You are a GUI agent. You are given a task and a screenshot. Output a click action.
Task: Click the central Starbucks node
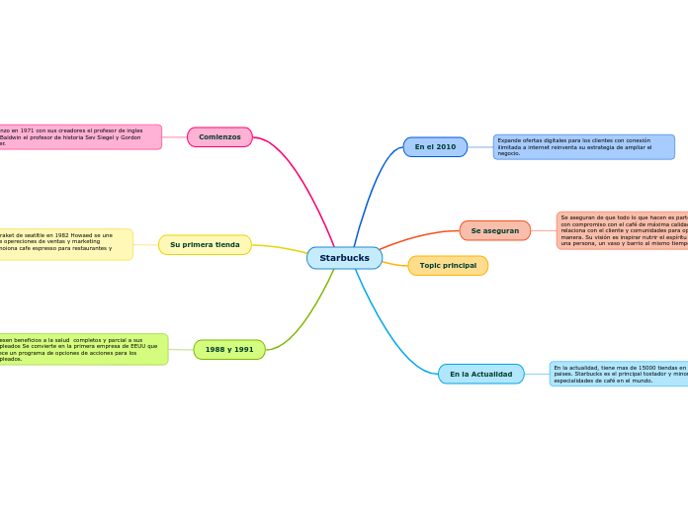[344, 258]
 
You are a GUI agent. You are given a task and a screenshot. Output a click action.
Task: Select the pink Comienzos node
[219, 136]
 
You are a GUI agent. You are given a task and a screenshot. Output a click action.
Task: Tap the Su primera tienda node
[205, 244]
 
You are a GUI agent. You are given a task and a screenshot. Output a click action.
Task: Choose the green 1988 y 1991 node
[229, 349]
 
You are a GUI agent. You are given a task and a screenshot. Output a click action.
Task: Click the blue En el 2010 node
[435, 147]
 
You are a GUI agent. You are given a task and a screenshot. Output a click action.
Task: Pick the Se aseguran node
[494, 230]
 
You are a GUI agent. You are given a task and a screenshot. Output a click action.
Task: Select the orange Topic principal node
[448, 265]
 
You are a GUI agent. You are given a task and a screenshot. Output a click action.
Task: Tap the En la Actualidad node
[480, 374]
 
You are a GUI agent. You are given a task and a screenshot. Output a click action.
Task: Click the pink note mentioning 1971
[79, 136]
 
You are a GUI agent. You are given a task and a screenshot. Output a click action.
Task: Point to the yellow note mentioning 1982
[65, 244]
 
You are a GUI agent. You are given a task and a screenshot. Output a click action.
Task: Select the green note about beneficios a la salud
[83, 349]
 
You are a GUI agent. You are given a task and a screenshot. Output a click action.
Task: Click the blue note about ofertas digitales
[583, 147]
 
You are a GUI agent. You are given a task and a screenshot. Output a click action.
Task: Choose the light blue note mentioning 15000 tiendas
[619, 374]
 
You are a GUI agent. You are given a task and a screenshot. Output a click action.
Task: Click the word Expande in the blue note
[510, 140]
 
